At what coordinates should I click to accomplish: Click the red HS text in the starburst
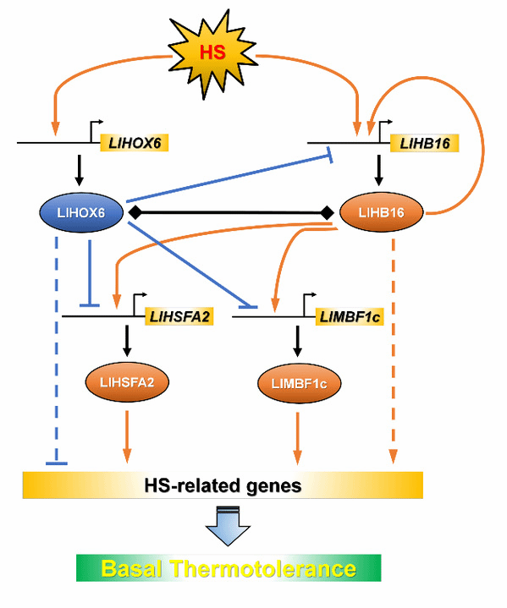coord(212,52)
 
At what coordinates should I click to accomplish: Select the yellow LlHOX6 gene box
coord(135,143)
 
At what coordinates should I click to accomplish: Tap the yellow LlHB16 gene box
coord(425,143)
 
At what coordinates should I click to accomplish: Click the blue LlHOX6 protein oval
coord(81,212)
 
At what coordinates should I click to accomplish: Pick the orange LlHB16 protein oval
coord(381,212)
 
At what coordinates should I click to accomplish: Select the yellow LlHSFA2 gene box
coord(179,316)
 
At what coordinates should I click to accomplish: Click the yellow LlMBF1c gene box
coord(350,317)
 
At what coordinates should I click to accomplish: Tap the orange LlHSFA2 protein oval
coord(127,382)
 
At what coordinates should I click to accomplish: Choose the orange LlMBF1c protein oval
coord(299,384)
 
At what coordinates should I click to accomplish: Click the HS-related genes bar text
coord(223,485)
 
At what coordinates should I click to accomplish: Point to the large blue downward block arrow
coord(228,526)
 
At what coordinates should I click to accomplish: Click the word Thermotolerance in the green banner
coord(264,568)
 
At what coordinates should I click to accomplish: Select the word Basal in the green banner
coord(131,568)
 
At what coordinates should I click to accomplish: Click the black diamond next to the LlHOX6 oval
coord(135,212)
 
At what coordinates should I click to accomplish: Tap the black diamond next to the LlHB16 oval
coord(327,212)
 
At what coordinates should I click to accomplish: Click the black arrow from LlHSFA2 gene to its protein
coord(127,341)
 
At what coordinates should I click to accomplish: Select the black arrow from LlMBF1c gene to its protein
coord(297,341)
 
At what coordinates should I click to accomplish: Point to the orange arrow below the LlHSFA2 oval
coord(127,436)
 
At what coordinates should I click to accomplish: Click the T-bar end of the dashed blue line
coord(57,463)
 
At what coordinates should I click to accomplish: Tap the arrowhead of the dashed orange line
coord(394,457)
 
